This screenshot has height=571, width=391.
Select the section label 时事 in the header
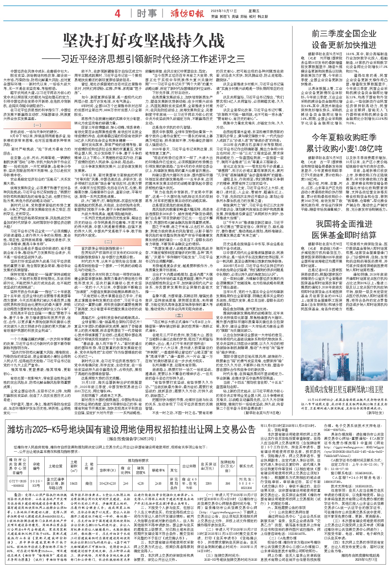point(148,14)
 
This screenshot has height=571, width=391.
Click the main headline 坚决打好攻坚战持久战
point(144,41)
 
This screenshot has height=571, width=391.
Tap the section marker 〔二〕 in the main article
point(108,242)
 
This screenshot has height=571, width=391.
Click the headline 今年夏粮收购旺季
point(344,137)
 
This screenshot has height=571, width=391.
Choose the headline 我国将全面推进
point(344,224)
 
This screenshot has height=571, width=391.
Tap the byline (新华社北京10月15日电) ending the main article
point(262,412)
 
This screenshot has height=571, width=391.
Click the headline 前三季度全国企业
point(344,34)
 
